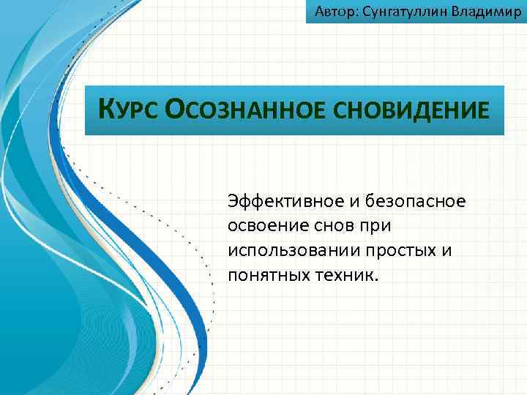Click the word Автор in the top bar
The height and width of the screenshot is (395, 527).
pyautogui.click(x=332, y=12)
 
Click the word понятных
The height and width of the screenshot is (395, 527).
pyautogui.click(x=266, y=275)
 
